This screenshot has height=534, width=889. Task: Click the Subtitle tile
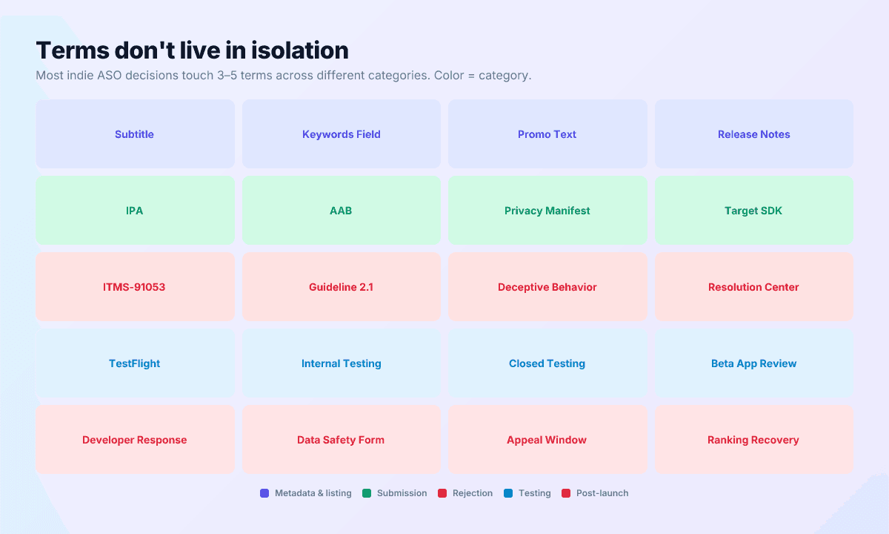pos(135,134)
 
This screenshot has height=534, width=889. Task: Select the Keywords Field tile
pos(341,134)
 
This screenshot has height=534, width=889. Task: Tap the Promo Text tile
pos(547,134)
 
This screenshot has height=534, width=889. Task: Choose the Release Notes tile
pos(753,134)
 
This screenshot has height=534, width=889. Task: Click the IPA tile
pos(135,211)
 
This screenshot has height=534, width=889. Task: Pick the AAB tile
pos(341,211)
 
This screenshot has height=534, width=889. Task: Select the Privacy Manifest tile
pos(547,211)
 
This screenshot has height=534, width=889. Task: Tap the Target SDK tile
pos(753,211)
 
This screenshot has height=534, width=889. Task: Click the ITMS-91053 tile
pos(135,287)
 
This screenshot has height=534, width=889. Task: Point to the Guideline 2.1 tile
pos(341,287)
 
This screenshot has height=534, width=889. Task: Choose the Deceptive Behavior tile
pos(547,287)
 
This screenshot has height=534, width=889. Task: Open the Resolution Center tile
pos(753,287)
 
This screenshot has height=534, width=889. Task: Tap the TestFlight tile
pos(135,363)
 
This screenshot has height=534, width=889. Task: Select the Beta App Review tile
pos(753,363)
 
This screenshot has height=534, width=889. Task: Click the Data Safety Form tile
pos(341,440)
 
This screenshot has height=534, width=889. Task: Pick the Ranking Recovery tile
pos(753,440)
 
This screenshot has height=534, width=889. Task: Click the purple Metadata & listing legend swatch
pos(264,493)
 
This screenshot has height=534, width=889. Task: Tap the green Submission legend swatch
pos(367,493)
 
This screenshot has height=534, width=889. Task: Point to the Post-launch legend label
pos(602,493)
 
